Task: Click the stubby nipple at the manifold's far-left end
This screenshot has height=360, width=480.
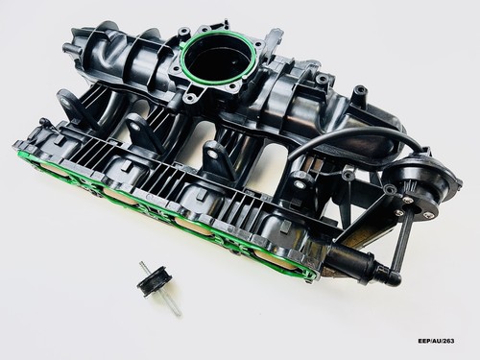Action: click(x=69, y=48)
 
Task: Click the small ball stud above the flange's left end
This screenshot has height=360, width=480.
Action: click(x=43, y=122)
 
